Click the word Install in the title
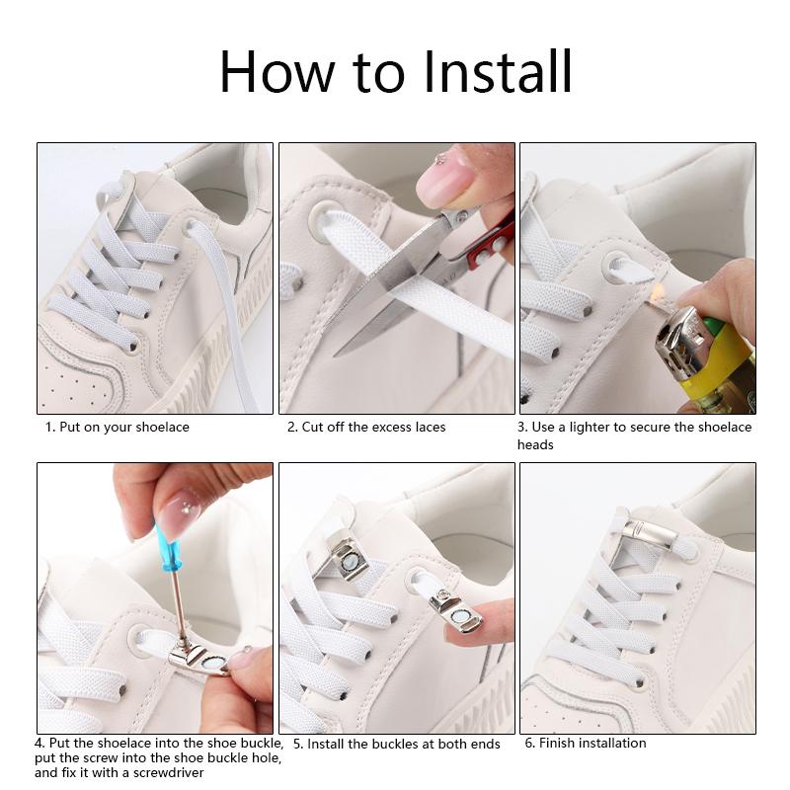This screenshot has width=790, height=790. click(x=498, y=71)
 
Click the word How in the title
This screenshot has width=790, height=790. click(x=277, y=71)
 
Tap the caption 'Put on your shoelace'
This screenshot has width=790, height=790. click(x=124, y=428)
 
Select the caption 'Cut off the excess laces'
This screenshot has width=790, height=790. click(x=373, y=428)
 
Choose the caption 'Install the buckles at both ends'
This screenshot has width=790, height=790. click(x=404, y=745)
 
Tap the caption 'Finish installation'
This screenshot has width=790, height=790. click(x=592, y=743)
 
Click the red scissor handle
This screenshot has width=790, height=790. click(x=491, y=242)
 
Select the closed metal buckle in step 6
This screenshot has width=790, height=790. click(x=650, y=534)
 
